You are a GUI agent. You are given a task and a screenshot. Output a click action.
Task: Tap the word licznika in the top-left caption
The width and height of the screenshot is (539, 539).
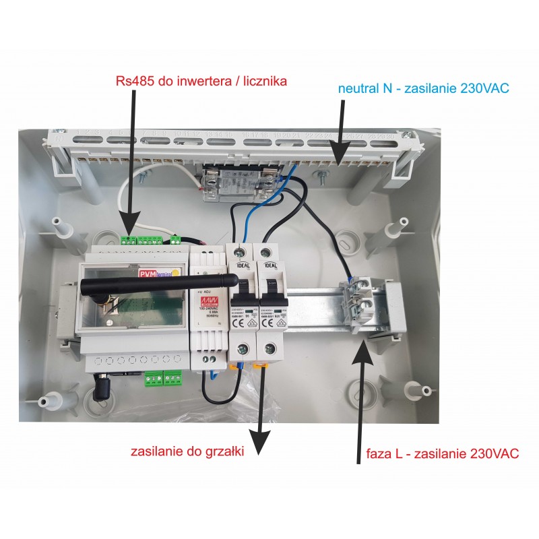point(261,82)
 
